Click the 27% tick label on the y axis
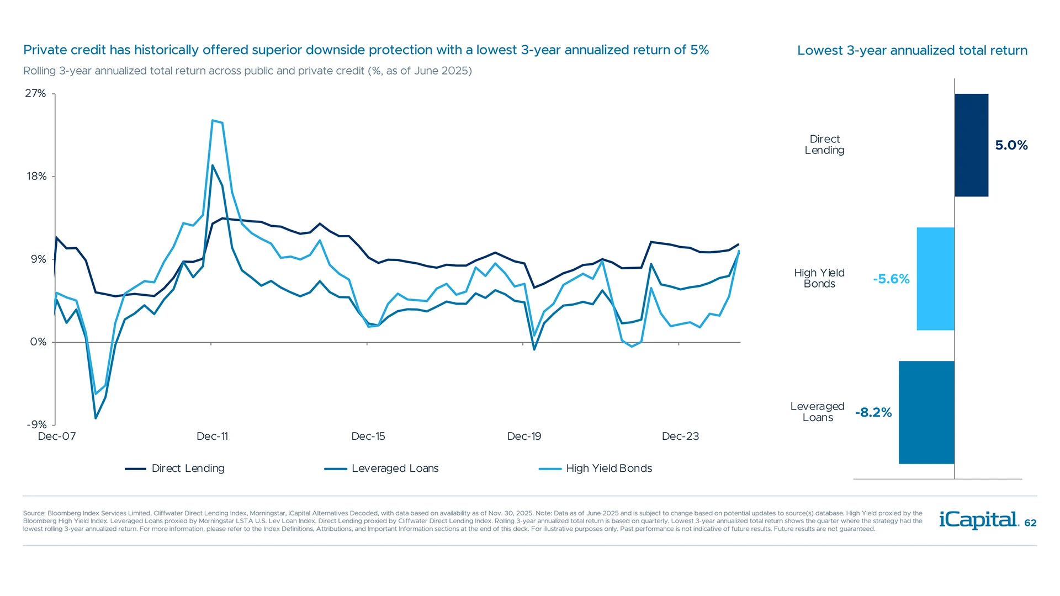point(35,93)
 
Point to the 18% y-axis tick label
point(36,177)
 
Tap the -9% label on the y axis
point(36,424)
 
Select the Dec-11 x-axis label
point(212,437)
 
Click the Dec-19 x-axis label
point(524,437)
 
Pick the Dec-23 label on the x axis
point(680,437)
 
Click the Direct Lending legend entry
point(175,469)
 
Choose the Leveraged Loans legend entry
point(381,469)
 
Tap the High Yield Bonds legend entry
point(596,469)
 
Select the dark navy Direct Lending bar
point(971,145)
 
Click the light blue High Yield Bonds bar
point(935,279)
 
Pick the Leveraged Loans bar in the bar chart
point(926,412)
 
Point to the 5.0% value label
point(1011,145)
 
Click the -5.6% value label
point(891,279)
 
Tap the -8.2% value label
point(873,413)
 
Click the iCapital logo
point(978,520)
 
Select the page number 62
point(1030,523)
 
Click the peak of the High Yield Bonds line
point(213,120)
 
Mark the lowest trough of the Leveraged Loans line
point(96,418)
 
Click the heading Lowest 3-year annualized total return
point(912,51)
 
